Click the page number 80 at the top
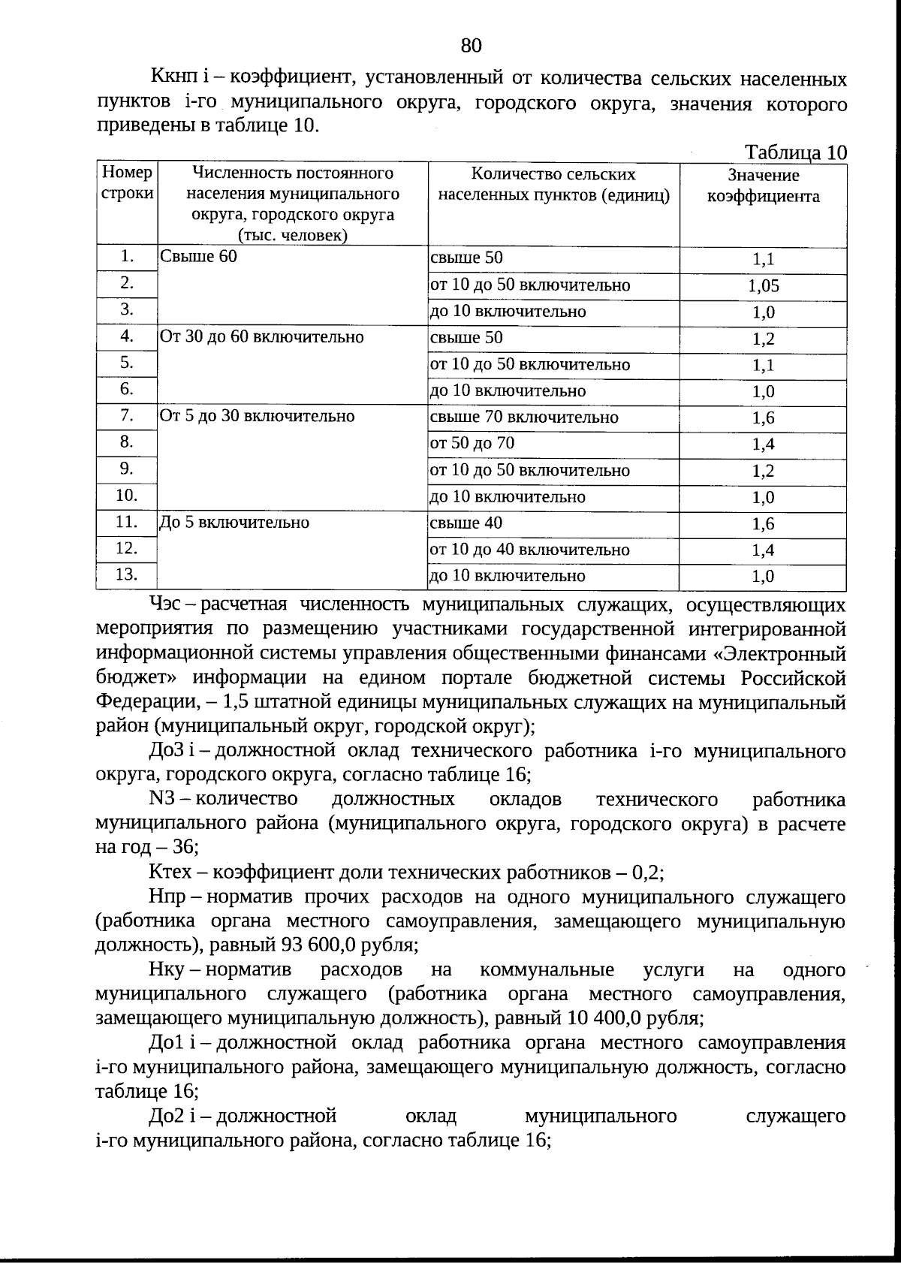pyautogui.click(x=471, y=46)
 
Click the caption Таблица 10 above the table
pyautogui.click(x=795, y=152)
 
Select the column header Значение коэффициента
pyautogui.click(x=763, y=186)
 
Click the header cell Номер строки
pyautogui.click(x=127, y=183)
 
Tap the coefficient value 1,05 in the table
pyautogui.click(x=763, y=286)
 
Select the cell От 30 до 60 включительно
pyautogui.click(x=262, y=337)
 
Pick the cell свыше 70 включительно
pyautogui.click(x=524, y=417)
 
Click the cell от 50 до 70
pyautogui.click(x=472, y=444)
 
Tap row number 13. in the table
pyautogui.click(x=126, y=575)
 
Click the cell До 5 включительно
pyautogui.click(x=234, y=523)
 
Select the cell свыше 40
pyautogui.click(x=466, y=523)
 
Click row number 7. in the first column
pyautogui.click(x=126, y=416)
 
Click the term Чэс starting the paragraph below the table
pyautogui.click(x=166, y=605)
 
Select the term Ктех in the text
pyautogui.click(x=171, y=873)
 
